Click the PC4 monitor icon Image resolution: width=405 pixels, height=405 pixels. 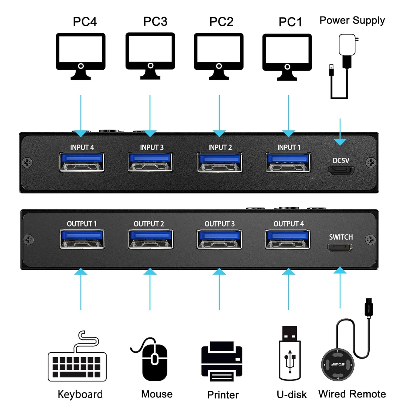pyautogui.click(x=80, y=56)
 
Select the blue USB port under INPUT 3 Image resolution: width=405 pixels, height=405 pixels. pyautogui.click(x=150, y=162)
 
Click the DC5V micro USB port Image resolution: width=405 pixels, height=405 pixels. pyautogui.click(x=341, y=171)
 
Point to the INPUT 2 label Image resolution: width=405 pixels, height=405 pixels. pyautogui.click(x=220, y=147)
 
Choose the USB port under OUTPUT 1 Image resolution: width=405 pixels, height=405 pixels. pyautogui.click(x=82, y=239)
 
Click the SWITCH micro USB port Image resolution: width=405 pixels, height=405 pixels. pyautogui.click(x=340, y=247)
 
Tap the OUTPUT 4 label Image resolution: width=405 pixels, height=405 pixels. pyautogui.click(x=288, y=224)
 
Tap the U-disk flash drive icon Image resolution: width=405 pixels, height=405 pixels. pyautogui.click(x=290, y=354)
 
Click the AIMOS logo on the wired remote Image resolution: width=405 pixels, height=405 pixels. pyautogui.click(x=337, y=364)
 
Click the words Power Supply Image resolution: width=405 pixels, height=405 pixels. pyautogui.click(x=352, y=21)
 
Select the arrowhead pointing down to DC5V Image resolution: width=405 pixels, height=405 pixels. pyautogui.click(x=340, y=142)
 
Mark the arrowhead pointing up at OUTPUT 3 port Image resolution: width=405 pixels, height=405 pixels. pyautogui.click(x=219, y=271)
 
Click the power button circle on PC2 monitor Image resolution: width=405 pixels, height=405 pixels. pyautogui.click(x=219, y=66)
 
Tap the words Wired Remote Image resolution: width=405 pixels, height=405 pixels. pyautogui.click(x=352, y=394)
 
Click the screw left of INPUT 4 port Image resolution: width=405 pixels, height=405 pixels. pyautogui.click(x=27, y=163)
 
